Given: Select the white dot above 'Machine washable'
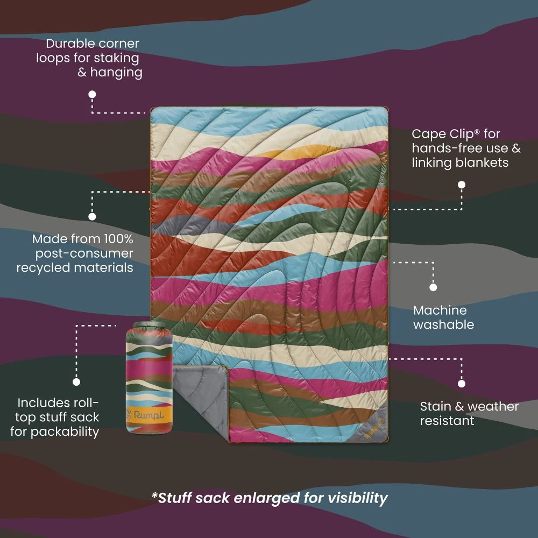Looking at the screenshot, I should click(x=433, y=287).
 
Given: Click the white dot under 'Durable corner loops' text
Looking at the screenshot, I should click(x=92, y=94).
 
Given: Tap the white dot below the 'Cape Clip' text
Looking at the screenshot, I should click(x=461, y=185).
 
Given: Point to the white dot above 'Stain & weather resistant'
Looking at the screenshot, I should click(x=462, y=384).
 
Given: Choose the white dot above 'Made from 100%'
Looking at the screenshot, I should click(x=92, y=216).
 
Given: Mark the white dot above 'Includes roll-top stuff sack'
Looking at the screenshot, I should click(x=76, y=381).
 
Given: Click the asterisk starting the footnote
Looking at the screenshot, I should click(x=154, y=495).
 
